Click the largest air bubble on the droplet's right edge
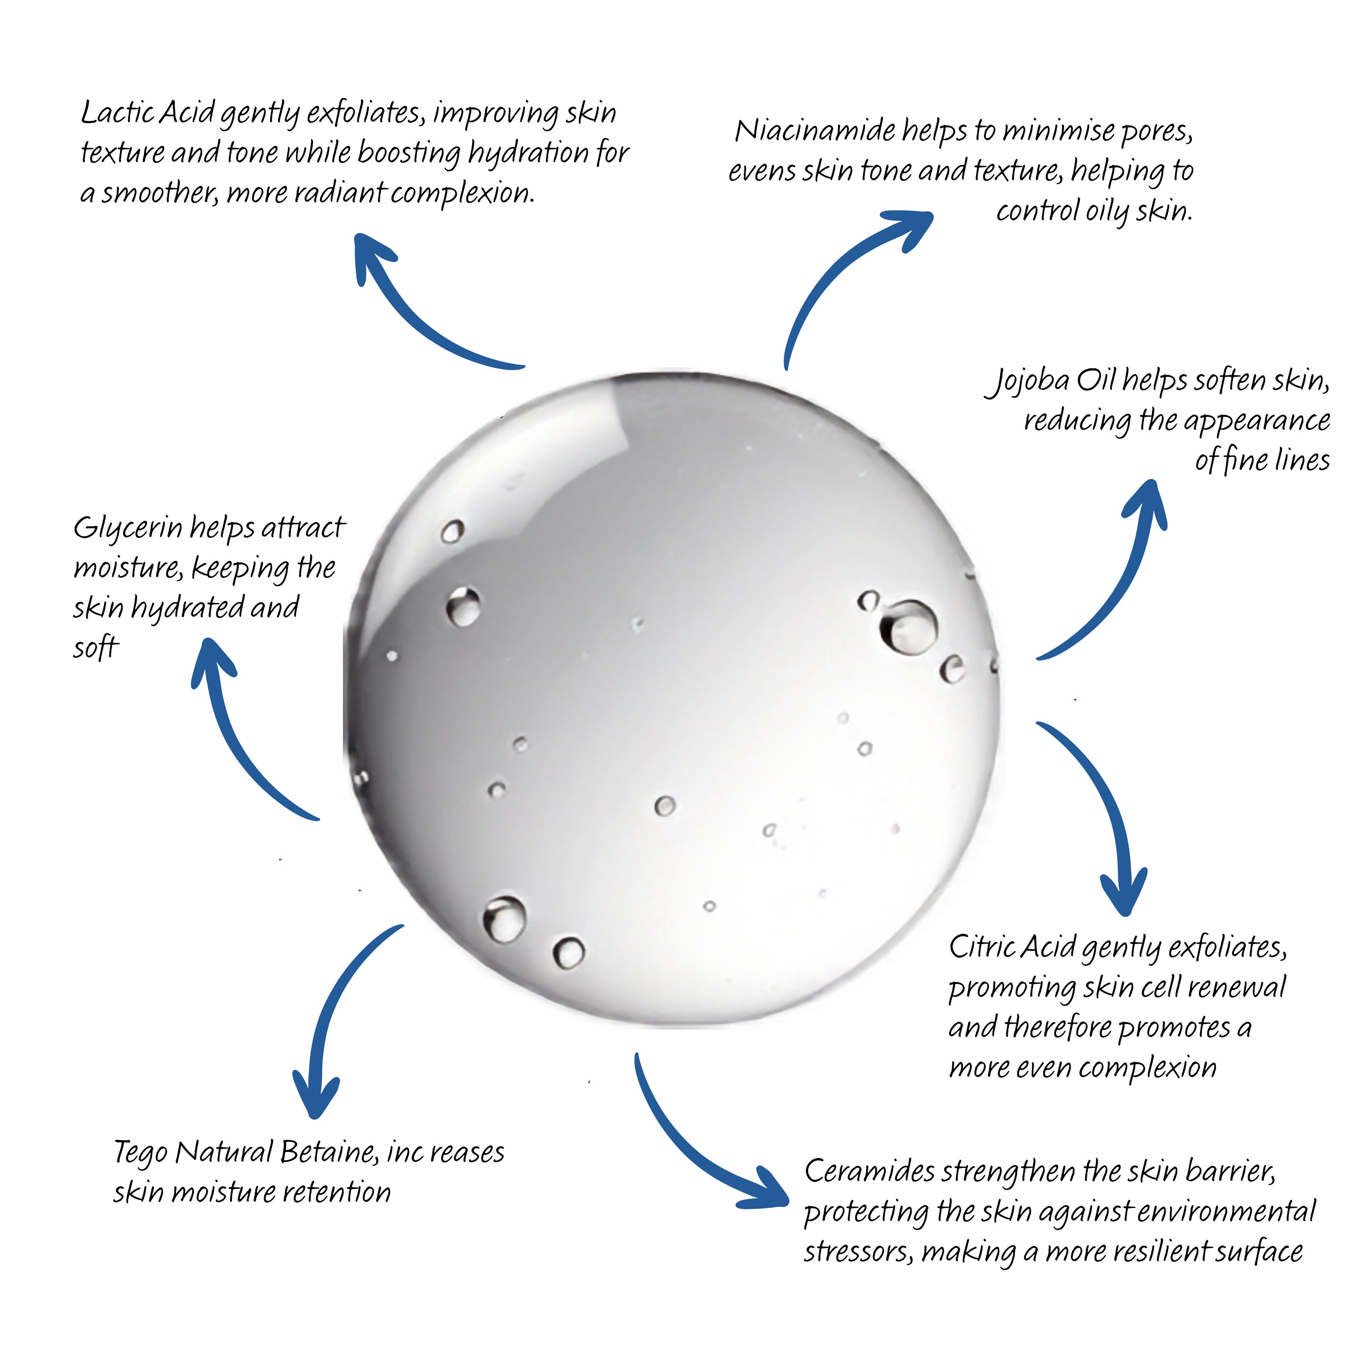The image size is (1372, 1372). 910,626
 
